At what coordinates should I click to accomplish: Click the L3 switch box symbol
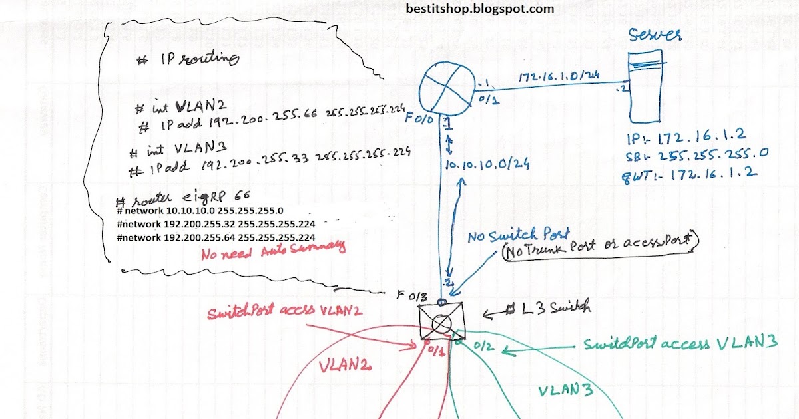click(x=441, y=322)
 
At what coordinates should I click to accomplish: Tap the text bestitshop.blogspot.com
click(x=479, y=9)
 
